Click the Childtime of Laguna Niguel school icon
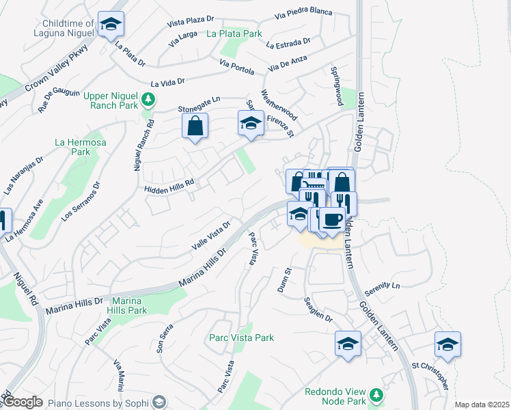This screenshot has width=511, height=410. point(111,25)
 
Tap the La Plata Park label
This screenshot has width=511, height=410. point(234,33)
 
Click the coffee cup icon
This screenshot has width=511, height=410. point(332,220)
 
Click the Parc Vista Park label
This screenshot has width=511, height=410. point(241,338)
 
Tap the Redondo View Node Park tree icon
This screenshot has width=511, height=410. point(376,395)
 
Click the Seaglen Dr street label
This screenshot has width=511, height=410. point(318,310)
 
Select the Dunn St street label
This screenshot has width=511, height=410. point(285,280)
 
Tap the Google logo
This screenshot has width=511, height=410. point(23,402)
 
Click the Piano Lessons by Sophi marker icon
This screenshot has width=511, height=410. point(160,402)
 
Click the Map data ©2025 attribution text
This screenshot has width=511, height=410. point(482,405)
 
